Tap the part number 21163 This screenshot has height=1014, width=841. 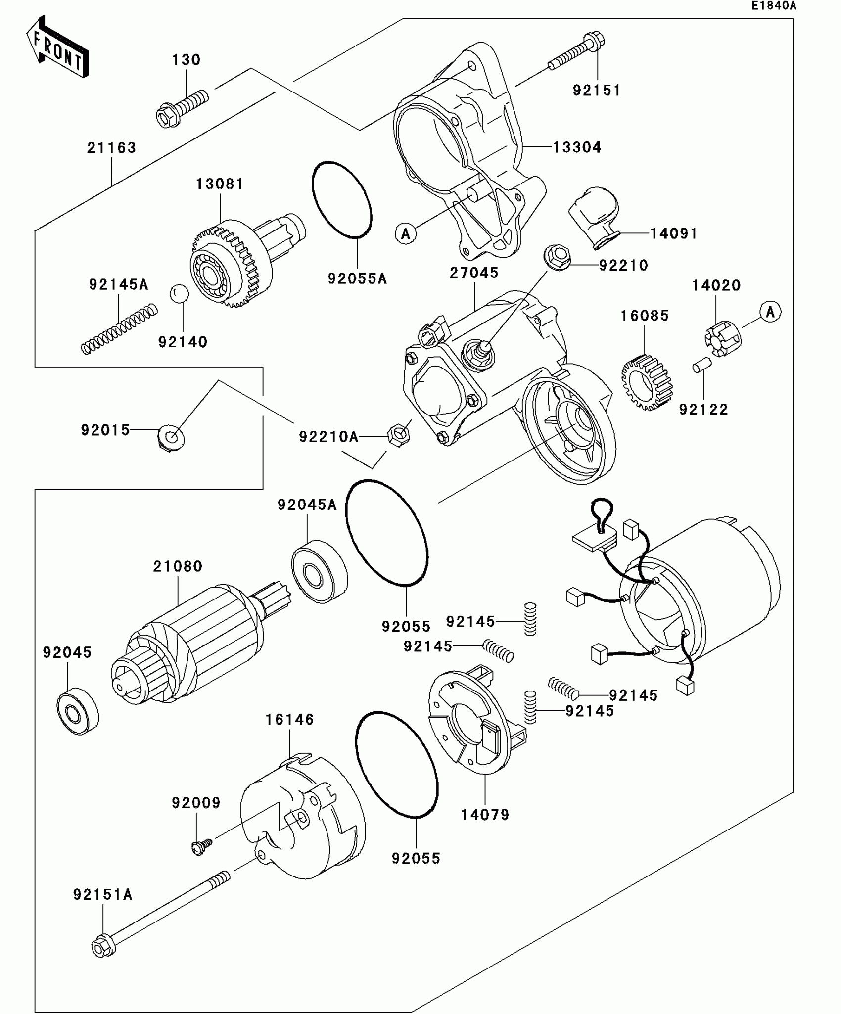pyautogui.click(x=111, y=148)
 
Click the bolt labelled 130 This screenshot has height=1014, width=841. pyautogui.click(x=182, y=107)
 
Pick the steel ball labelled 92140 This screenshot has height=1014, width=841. pyautogui.click(x=179, y=294)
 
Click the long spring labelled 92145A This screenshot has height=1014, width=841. pyautogui.click(x=119, y=329)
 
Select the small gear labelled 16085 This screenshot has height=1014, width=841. pyautogui.click(x=647, y=382)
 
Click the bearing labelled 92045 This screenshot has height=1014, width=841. pyautogui.click(x=78, y=711)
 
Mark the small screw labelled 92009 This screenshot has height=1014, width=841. pyautogui.click(x=201, y=846)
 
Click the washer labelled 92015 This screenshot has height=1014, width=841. pyautogui.click(x=171, y=437)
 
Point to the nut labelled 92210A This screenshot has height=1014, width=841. pyautogui.click(x=398, y=435)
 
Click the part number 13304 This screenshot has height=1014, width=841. pyautogui.click(x=577, y=147)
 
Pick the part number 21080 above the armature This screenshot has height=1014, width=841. pyautogui.click(x=178, y=566)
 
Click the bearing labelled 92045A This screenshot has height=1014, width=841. pyautogui.click(x=319, y=573)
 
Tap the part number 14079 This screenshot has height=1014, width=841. pyautogui.click(x=485, y=815)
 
